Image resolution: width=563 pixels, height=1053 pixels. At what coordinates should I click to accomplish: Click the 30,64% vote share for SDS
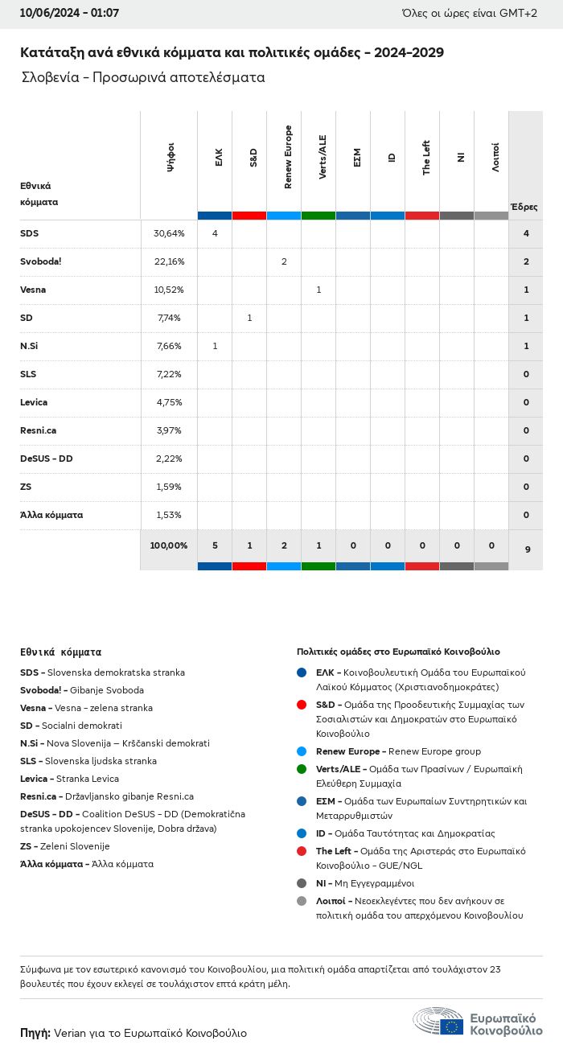[x=169, y=233]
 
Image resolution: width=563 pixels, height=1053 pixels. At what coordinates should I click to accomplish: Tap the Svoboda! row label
[x=41, y=261]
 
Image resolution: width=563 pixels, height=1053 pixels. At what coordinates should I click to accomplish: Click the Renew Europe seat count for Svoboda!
[x=284, y=261]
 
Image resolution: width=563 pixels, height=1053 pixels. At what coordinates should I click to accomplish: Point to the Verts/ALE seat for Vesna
[x=318, y=290]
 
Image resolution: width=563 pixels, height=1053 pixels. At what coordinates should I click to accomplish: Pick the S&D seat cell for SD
[x=249, y=318]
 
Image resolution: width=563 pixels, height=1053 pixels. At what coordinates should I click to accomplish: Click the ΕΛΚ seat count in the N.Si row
[x=215, y=346]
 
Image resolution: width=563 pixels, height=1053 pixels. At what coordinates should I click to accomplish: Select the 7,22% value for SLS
[x=169, y=374]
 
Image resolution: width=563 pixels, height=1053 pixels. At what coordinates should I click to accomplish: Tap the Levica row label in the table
[x=34, y=402]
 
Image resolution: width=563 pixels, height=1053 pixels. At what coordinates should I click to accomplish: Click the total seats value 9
[x=527, y=549]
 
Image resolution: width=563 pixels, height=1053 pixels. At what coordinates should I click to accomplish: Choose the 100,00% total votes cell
[x=169, y=545]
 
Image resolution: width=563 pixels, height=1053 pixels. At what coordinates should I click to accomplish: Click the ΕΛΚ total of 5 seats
[x=215, y=545]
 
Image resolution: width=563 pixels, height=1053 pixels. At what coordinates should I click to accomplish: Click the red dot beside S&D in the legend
[x=302, y=705]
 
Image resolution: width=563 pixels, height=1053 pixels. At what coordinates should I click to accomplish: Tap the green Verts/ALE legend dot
[x=302, y=769]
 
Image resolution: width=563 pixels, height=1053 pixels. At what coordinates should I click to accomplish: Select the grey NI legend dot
[x=302, y=883]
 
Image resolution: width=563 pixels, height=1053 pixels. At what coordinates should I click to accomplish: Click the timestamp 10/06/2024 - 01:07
[x=69, y=13]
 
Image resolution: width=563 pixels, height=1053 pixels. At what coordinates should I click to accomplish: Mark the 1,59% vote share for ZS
[x=169, y=487]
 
